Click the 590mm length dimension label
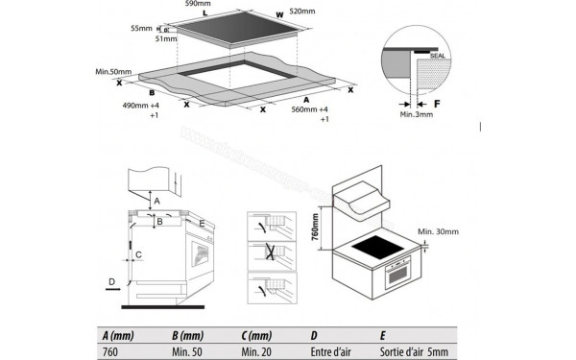click(x=198, y=5)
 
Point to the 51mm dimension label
click(x=165, y=39)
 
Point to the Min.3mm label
click(x=415, y=113)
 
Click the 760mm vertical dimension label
click(x=313, y=229)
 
